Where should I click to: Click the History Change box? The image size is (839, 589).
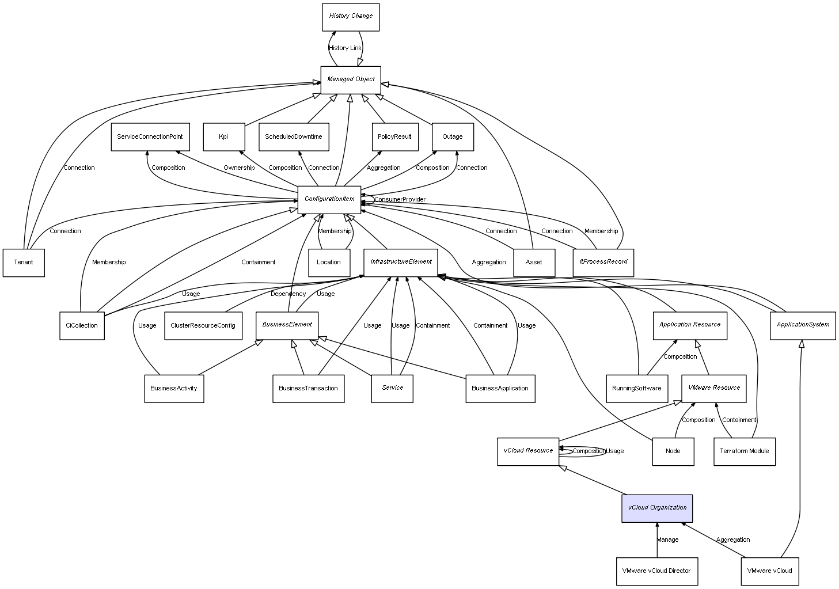[x=350, y=17]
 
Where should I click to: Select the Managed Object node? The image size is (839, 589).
[x=351, y=79]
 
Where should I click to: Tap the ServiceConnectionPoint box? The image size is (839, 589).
[x=150, y=137]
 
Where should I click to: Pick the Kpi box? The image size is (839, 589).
[x=223, y=137]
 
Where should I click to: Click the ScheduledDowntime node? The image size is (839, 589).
[x=294, y=137]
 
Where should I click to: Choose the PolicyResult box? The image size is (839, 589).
[x=394, y=137]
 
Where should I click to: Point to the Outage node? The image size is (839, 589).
[x=453, y=137]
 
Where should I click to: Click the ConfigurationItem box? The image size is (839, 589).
[x=329, y=199]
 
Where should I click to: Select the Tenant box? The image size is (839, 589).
[x=24, y=263]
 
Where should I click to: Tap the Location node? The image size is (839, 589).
[x=329, y=263]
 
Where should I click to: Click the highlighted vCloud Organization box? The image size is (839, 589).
[x=657, y=508]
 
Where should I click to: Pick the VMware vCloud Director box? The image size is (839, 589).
[x=656, y=571]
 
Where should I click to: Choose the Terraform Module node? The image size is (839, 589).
[x=745, y=451]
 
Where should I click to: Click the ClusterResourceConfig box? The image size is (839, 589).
[x=203, y=326]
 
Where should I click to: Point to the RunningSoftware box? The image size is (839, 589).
[x=637, y=389]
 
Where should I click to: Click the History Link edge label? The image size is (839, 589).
[x=345, y=48]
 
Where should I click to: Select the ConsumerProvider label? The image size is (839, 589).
[x=400, y=200]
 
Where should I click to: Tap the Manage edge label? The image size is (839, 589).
[x=668, y=540]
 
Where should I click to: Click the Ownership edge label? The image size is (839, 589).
[x=239, y=168]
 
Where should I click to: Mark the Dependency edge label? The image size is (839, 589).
[x=288, y=294]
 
